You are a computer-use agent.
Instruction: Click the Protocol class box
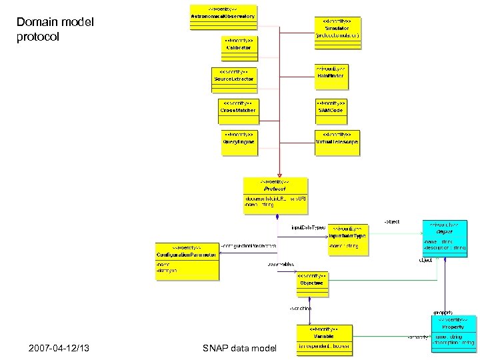pyautogui.click(x=275, y=195)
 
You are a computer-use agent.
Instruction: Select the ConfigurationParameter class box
pyautogui.click(x=186, y=261)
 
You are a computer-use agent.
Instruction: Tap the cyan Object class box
pyautogui.click(x=444, y=237)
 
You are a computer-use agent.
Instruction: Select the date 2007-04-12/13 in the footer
pyautogui.click(x=60, y=349)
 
